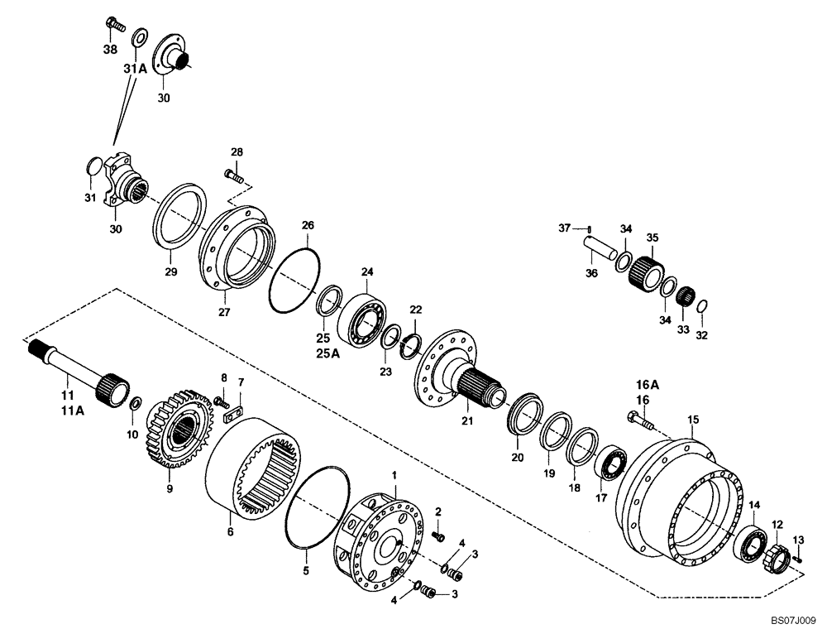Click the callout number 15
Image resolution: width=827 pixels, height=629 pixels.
[x=693, y=420]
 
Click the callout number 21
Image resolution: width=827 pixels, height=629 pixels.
[x=466, y=422]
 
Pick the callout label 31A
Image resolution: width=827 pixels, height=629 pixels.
[x=135, y=70]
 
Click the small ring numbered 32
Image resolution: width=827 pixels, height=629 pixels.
[x=700, y=308]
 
